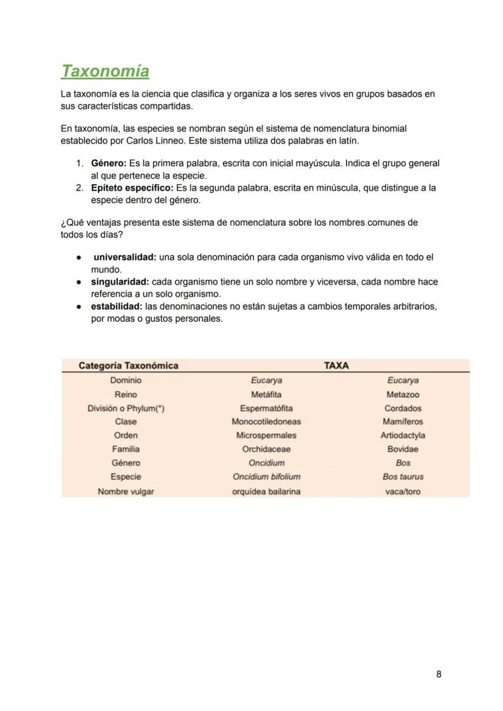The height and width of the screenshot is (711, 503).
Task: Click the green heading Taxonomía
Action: (104, 71)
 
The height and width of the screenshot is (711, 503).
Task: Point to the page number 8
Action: (439, 674)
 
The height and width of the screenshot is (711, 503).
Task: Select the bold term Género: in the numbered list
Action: (109, 164)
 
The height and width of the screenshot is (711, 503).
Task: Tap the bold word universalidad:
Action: (125, 257)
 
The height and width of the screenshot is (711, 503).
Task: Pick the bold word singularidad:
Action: (120, 282)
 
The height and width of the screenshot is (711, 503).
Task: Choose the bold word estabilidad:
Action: (117, 306)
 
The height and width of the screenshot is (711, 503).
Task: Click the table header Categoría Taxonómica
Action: (128, 366)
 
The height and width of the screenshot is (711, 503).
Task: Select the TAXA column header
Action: (336, 366)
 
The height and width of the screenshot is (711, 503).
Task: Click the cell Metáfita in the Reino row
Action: (266, 394)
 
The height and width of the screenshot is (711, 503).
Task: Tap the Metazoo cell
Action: (403, 394)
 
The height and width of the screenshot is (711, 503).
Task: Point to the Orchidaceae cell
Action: (266, 449)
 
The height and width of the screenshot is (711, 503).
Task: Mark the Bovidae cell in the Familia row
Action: (403, 449)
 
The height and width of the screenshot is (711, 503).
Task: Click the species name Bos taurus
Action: (403, 477)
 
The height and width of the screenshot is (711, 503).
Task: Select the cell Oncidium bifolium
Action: (266, 477)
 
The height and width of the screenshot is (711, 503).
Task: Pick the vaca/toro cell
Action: (403, 491)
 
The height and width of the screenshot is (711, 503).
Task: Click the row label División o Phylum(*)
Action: (126, 408)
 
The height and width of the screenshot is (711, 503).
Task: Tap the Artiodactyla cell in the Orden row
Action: (403, 435)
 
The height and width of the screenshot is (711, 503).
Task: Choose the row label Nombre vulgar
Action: (126, 491)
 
